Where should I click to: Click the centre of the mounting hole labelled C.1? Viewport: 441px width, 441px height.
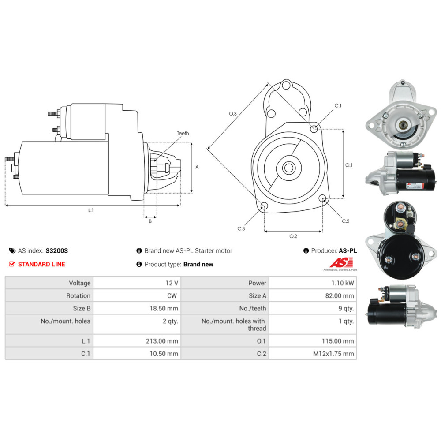[x=314, y=129]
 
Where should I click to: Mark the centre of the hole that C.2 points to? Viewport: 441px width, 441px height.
[x=323, y=198]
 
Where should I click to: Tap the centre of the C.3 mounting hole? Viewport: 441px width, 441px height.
[x=264, y=206]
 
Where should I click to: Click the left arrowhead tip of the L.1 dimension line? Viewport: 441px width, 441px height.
[x=6, y=206]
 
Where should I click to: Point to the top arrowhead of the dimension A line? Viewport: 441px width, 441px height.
[x=191, y=143]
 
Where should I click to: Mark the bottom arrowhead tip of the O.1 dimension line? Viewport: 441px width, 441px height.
[x=343, y=198]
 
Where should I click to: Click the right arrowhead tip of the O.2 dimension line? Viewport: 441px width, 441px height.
[x=322, y=232]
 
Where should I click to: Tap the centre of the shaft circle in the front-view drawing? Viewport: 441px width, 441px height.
[x=288, y=168]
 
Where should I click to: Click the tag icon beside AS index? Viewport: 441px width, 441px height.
[x=12, y=250]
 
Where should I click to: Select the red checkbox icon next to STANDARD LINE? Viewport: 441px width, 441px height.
[x=12, y=264]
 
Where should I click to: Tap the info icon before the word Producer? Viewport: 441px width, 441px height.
[x=306, y=250]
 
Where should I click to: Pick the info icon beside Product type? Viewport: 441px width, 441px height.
[x=139, y=264]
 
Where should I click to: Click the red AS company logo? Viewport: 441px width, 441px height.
[x=341, y=263]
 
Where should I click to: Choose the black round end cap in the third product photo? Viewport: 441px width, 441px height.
[x=402, y=257]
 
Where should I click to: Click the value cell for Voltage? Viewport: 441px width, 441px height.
[x=137, y=283]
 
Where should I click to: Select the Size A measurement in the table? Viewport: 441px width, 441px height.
[x=340, y=296]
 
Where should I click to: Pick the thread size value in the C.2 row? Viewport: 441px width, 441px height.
[x=333, y=354]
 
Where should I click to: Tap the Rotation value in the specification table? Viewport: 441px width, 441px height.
[x=172, y=296]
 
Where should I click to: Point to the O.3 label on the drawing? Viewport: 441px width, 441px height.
[x=233, y=114]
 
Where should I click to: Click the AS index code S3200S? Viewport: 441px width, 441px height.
[x=57, y=250]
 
